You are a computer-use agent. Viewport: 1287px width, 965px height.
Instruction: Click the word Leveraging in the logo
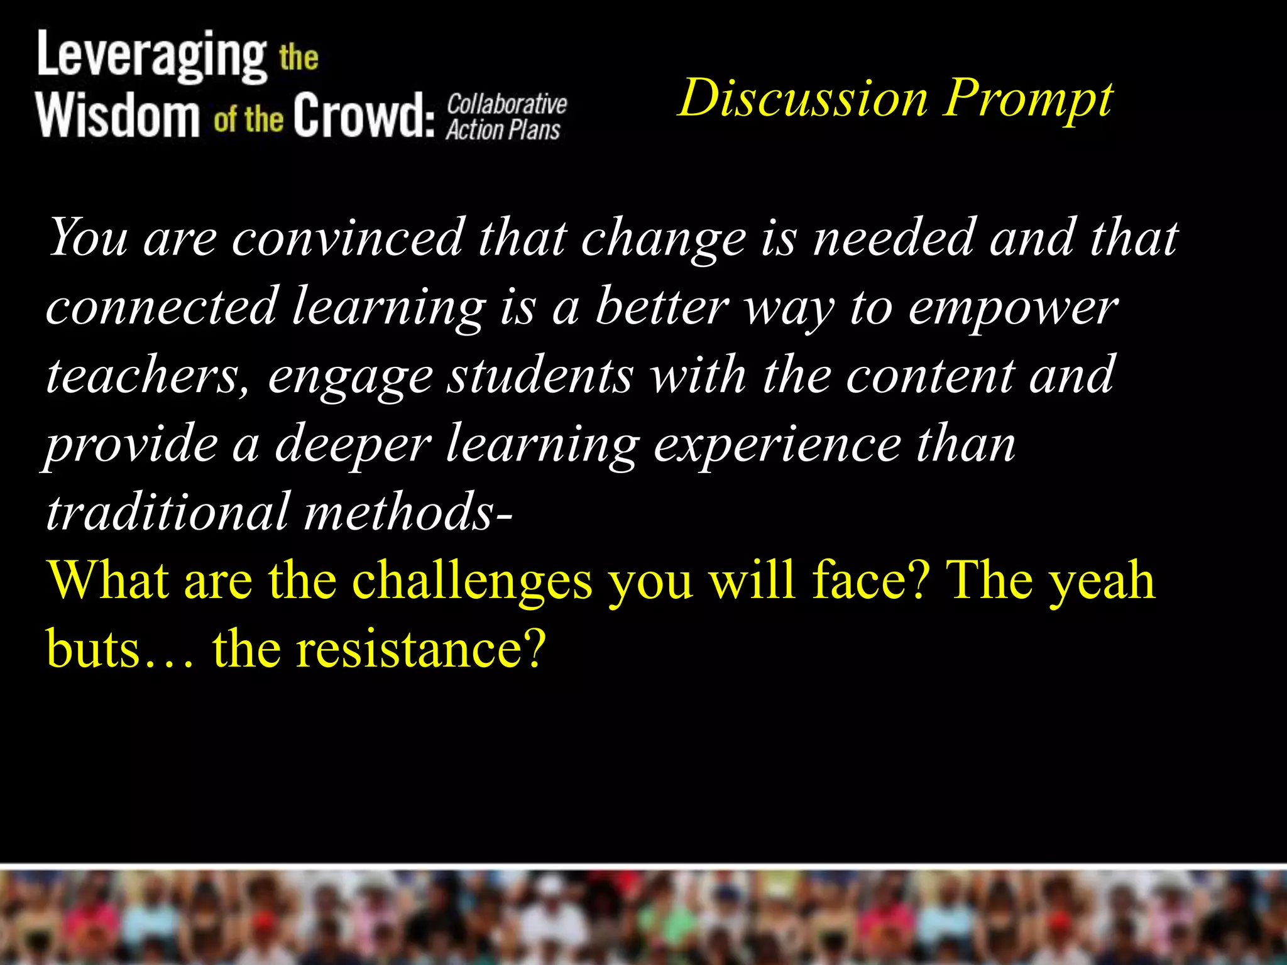pyautogui.click(x=151, y=57)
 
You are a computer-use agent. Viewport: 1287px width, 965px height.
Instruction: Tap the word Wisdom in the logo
pyautogui.click(x=118, y=114)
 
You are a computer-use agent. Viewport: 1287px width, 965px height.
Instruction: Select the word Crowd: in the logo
pyautogui.click(x=364, y=114)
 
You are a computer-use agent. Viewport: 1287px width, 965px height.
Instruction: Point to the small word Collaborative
pyautogui.click(x=507, y=103)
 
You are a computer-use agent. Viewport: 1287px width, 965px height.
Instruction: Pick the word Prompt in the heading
pyautogui.click(x=1028, y=99)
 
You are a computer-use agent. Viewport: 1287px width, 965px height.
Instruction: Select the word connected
pyautogui.click(x=162, y=307)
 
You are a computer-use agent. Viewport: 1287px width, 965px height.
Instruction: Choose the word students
pyautogui.click(x=540, y=376)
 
